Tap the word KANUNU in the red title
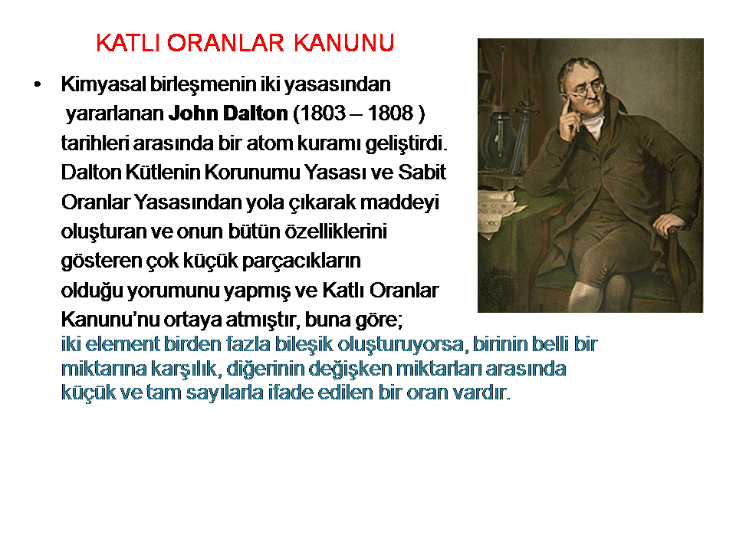(344, 43)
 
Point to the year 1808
(390, 113)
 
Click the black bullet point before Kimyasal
(38, 85)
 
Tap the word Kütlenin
(163, 172)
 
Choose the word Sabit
(422, 172)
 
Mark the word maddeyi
(399, 202)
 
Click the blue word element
(123, 344)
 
